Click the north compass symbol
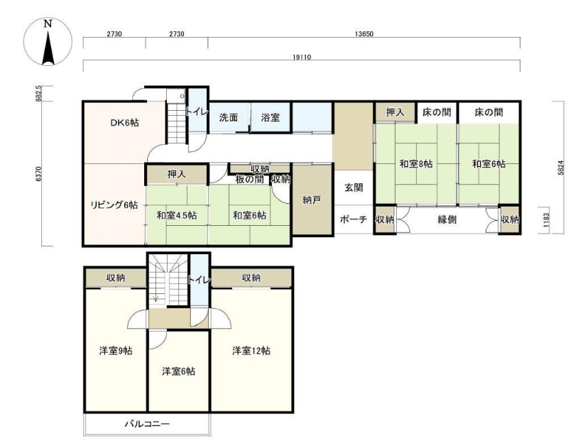(48, 41)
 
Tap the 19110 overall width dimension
(301, 58)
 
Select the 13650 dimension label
(364, 34)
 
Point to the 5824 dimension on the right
(561, 168)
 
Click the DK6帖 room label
(124, 122)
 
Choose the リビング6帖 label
(114, 205)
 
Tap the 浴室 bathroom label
(271, 117)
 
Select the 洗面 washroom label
(229, 117)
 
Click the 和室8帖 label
(416, 164)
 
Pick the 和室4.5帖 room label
(177, 216)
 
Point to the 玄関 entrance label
(354, 187)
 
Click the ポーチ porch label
(353, 219)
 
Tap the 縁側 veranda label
(447, 219)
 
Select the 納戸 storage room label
(312, 200)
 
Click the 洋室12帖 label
(251, 351)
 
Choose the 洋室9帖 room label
(116, 351)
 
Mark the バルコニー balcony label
(147, 423)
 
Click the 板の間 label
(250, 180)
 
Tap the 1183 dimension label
(546, 219)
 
